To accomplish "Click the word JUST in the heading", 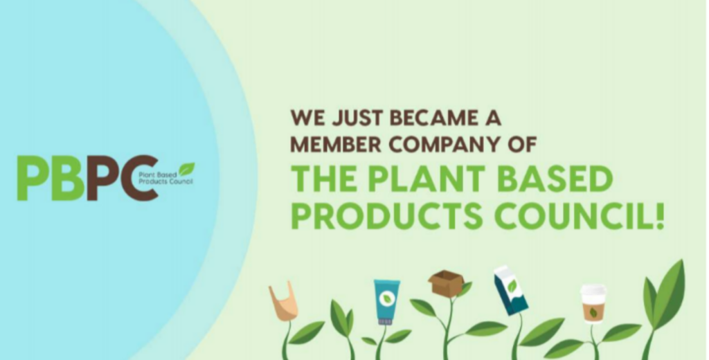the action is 357,118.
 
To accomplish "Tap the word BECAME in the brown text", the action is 432,118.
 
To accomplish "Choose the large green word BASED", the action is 557,179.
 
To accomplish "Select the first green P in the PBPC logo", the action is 33,178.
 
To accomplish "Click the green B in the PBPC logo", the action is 69,178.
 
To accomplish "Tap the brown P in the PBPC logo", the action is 102,178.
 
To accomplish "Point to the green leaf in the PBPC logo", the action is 186,169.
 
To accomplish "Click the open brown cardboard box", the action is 446,282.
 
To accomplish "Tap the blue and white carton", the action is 510,290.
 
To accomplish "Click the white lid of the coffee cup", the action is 593,289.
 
